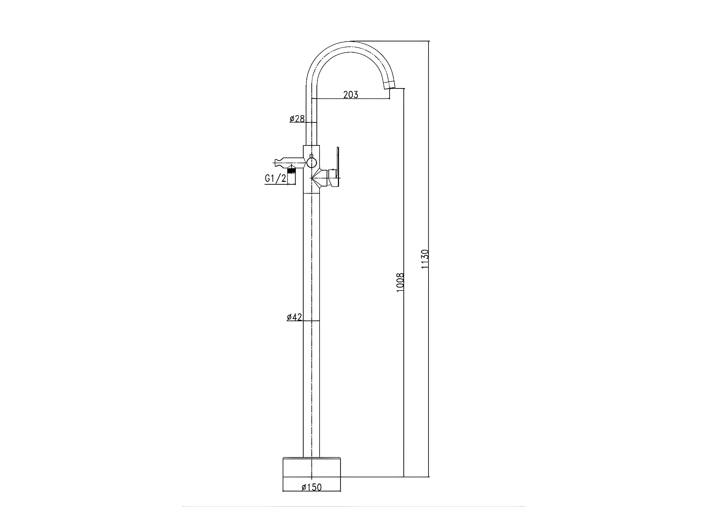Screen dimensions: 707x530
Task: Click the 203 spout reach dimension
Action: click(351, 94)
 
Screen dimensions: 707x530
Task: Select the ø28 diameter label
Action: click(297, 119)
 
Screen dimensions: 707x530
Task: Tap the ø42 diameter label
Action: click(294, 317)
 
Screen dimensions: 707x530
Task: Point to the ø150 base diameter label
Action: click(312, 487)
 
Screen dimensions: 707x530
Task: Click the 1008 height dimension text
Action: click(400, 282)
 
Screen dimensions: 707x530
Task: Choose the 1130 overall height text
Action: click(425, 259)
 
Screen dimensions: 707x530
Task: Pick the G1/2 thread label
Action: click(275, 179)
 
